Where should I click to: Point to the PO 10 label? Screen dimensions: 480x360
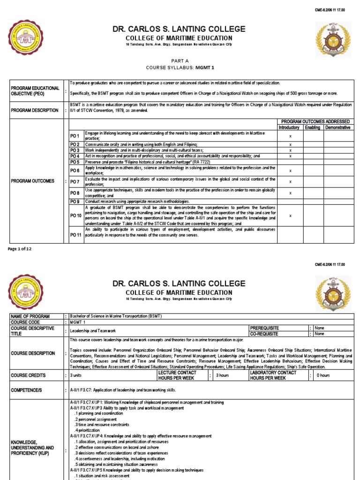tap(75, 215)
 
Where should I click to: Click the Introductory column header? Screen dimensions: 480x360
tap(291, 127)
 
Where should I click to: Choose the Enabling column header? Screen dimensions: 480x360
tap(314, 127)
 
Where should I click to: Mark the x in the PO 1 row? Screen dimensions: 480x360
tap(291, 136)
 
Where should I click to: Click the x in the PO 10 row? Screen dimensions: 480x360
tap(291, 215)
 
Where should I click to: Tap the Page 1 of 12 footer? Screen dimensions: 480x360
tap(20, 248)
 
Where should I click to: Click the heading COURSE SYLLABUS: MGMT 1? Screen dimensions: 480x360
tap(180, 67)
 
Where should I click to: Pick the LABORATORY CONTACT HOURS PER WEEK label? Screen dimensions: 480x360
tap(273, 375)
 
